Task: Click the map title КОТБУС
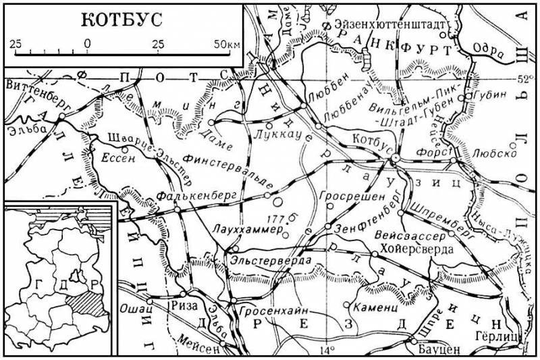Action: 122,20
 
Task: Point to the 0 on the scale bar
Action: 87,44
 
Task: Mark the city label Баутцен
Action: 435,350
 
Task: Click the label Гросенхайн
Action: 269,309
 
